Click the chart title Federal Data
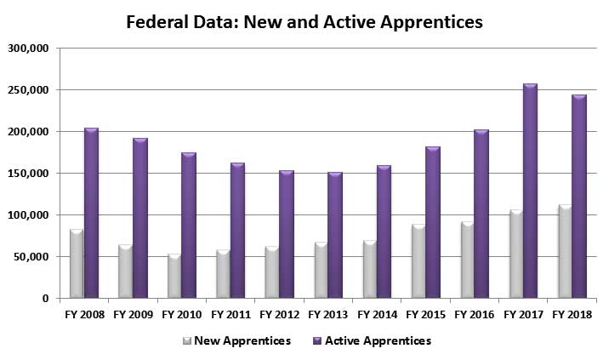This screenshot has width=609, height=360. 304,21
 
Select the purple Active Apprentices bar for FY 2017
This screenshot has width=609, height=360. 530,191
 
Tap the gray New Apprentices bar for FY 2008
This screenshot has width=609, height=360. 76,264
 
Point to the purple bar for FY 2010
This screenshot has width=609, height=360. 188,226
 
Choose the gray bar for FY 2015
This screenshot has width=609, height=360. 417,261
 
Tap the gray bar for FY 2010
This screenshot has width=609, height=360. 173,277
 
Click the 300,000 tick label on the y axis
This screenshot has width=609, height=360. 27,49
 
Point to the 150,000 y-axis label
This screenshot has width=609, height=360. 27,174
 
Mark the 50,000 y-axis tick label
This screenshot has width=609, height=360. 31,257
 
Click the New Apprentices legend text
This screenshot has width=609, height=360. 242,341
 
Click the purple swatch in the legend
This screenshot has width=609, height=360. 317,341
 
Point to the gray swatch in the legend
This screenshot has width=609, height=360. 185,341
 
